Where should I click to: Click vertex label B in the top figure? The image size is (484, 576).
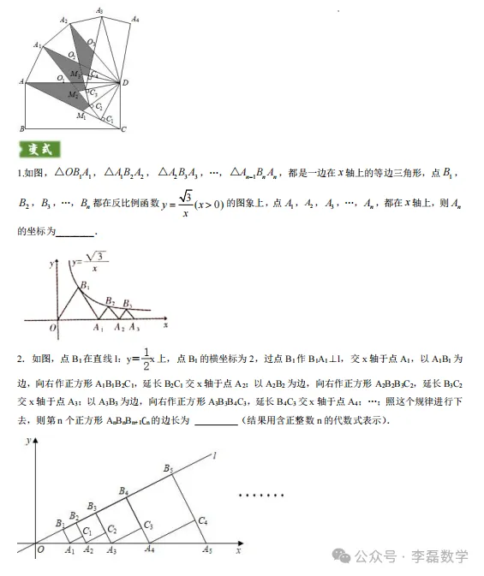pyautogui.click(x=21, y=129)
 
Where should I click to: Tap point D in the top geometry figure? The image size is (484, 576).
pyautogui.click(x=126, y=83)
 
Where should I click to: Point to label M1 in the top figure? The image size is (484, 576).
pyautogui.click(x=81, y=115)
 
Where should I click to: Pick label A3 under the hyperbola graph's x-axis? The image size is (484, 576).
pyautogui.click(x=134, y=329)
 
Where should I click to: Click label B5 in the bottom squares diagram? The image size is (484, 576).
pyautogui.click(x=168, y=468)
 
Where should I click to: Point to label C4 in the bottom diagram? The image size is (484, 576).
pyautogui.click(x=202, y=520)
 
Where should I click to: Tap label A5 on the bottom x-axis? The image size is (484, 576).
pyautogui.click(x=206, y=551)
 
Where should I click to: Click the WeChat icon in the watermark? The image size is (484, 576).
pyautogui.click(x=349, y=555)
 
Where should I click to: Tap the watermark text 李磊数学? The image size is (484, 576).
pyautogui.click(x=440, y=556)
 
